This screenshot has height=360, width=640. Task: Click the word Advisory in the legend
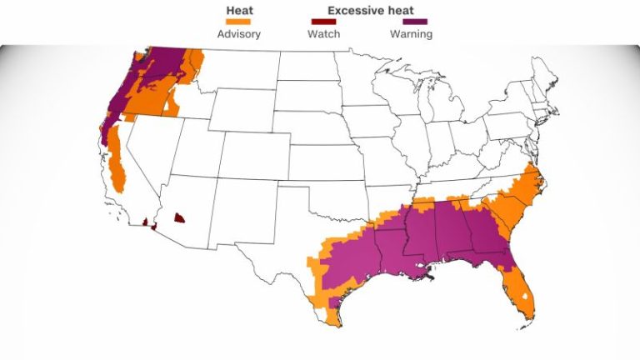tap(239, 34)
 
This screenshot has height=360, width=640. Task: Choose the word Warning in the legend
tap(411, 34)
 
